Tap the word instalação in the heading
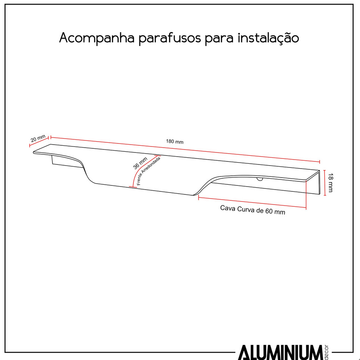(x=268, y=39)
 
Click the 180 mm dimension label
(x=175, y=142)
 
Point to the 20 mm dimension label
(x=38, y=138)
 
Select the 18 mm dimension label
(x=330, y=182)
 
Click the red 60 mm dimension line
(x=252, y=202)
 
